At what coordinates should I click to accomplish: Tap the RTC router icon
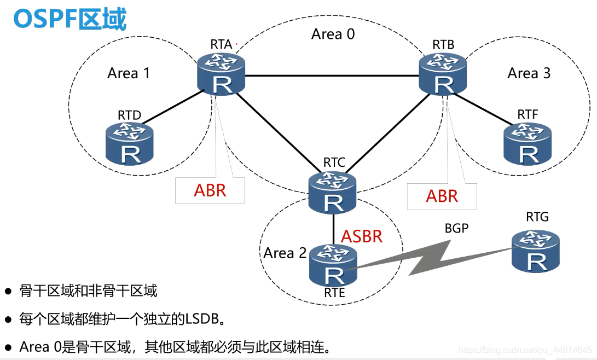tap(333, 193)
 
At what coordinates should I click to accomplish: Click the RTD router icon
tap(130, 144)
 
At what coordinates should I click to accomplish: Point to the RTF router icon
tap(528, 144)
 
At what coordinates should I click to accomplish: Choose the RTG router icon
tap(536, 251)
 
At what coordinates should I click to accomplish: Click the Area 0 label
tap(333, 34)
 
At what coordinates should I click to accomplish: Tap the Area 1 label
tap(129, 73)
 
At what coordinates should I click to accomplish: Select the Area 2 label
tap(285, 253)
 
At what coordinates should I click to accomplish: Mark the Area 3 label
tap(529, 73)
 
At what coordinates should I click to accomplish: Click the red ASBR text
tap(362, 236)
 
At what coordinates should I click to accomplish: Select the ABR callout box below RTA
tap(210, 190)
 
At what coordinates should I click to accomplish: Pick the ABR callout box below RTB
tap(442, 196)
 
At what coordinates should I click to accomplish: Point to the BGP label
tap(456, 228)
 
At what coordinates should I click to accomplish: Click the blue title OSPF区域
tap(69, 19)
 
